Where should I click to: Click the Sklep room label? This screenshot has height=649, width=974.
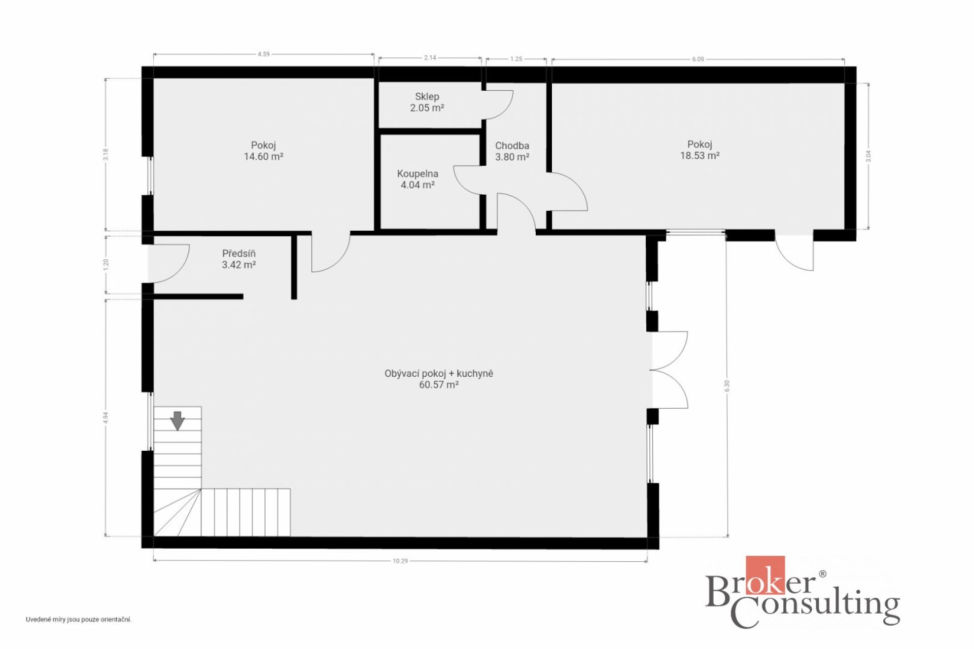click(427, 102)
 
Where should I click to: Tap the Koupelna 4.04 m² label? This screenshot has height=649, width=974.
click(418, 179)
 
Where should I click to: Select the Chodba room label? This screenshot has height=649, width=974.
click(512, 151)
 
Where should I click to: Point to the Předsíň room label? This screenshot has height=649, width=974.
click(239, 259)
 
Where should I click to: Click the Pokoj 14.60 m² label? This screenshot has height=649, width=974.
click(263, 151)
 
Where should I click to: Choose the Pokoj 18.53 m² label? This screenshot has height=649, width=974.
click(700, 150)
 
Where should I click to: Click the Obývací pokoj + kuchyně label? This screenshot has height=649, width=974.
click(439, 379)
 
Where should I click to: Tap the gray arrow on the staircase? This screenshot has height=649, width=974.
click(177, 421)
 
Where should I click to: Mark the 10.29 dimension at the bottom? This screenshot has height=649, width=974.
click(400, 561)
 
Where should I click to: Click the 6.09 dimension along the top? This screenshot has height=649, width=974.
click(698, 59)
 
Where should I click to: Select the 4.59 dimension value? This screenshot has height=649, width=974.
click(263, 54)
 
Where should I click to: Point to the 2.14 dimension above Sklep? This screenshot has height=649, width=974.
click(430, 58)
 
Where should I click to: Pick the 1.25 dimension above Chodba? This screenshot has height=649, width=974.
click(516, 59)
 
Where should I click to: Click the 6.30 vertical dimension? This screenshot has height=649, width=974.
click(727, 385)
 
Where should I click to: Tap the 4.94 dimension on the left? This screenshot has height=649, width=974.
click(105, 417)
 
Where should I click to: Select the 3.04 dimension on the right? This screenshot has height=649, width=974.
click(868, 156)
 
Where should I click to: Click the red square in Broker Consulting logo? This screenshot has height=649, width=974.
click(765, 574)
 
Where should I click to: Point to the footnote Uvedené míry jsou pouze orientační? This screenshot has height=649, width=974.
click(79, 620)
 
